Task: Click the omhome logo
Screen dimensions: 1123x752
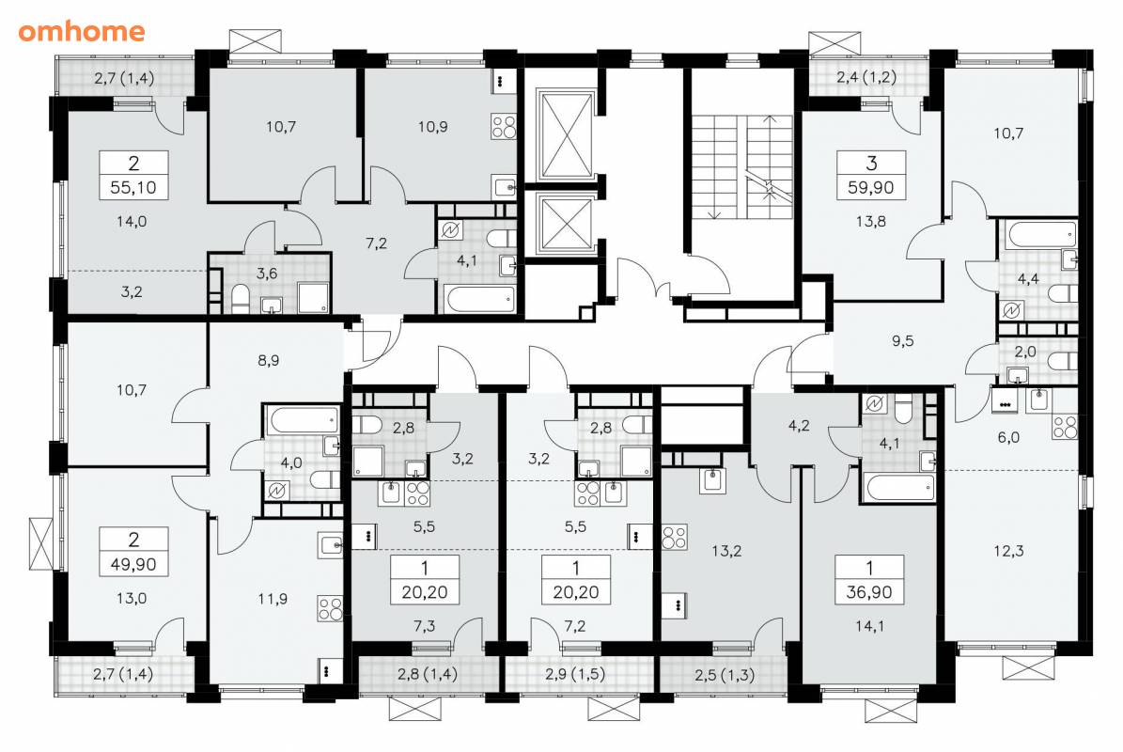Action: point(82,31)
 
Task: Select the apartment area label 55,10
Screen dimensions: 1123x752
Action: point(134,188)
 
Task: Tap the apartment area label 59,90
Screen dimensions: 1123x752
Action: point(871,188)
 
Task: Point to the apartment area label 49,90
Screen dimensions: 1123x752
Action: point(133,564)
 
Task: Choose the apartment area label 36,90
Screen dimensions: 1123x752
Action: point(871,592)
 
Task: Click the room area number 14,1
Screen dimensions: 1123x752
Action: point(869,626)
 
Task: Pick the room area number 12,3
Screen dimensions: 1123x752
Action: point(1008,551)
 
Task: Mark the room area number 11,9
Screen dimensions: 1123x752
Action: point(273,598)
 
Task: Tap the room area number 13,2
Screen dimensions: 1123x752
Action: point(726,551)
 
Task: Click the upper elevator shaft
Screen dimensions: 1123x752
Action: point(568,133)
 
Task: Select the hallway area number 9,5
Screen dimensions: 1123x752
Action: point(902,341)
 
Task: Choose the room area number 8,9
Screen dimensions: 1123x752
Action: point(269,360)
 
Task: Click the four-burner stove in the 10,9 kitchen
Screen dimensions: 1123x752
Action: point(504,127)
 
